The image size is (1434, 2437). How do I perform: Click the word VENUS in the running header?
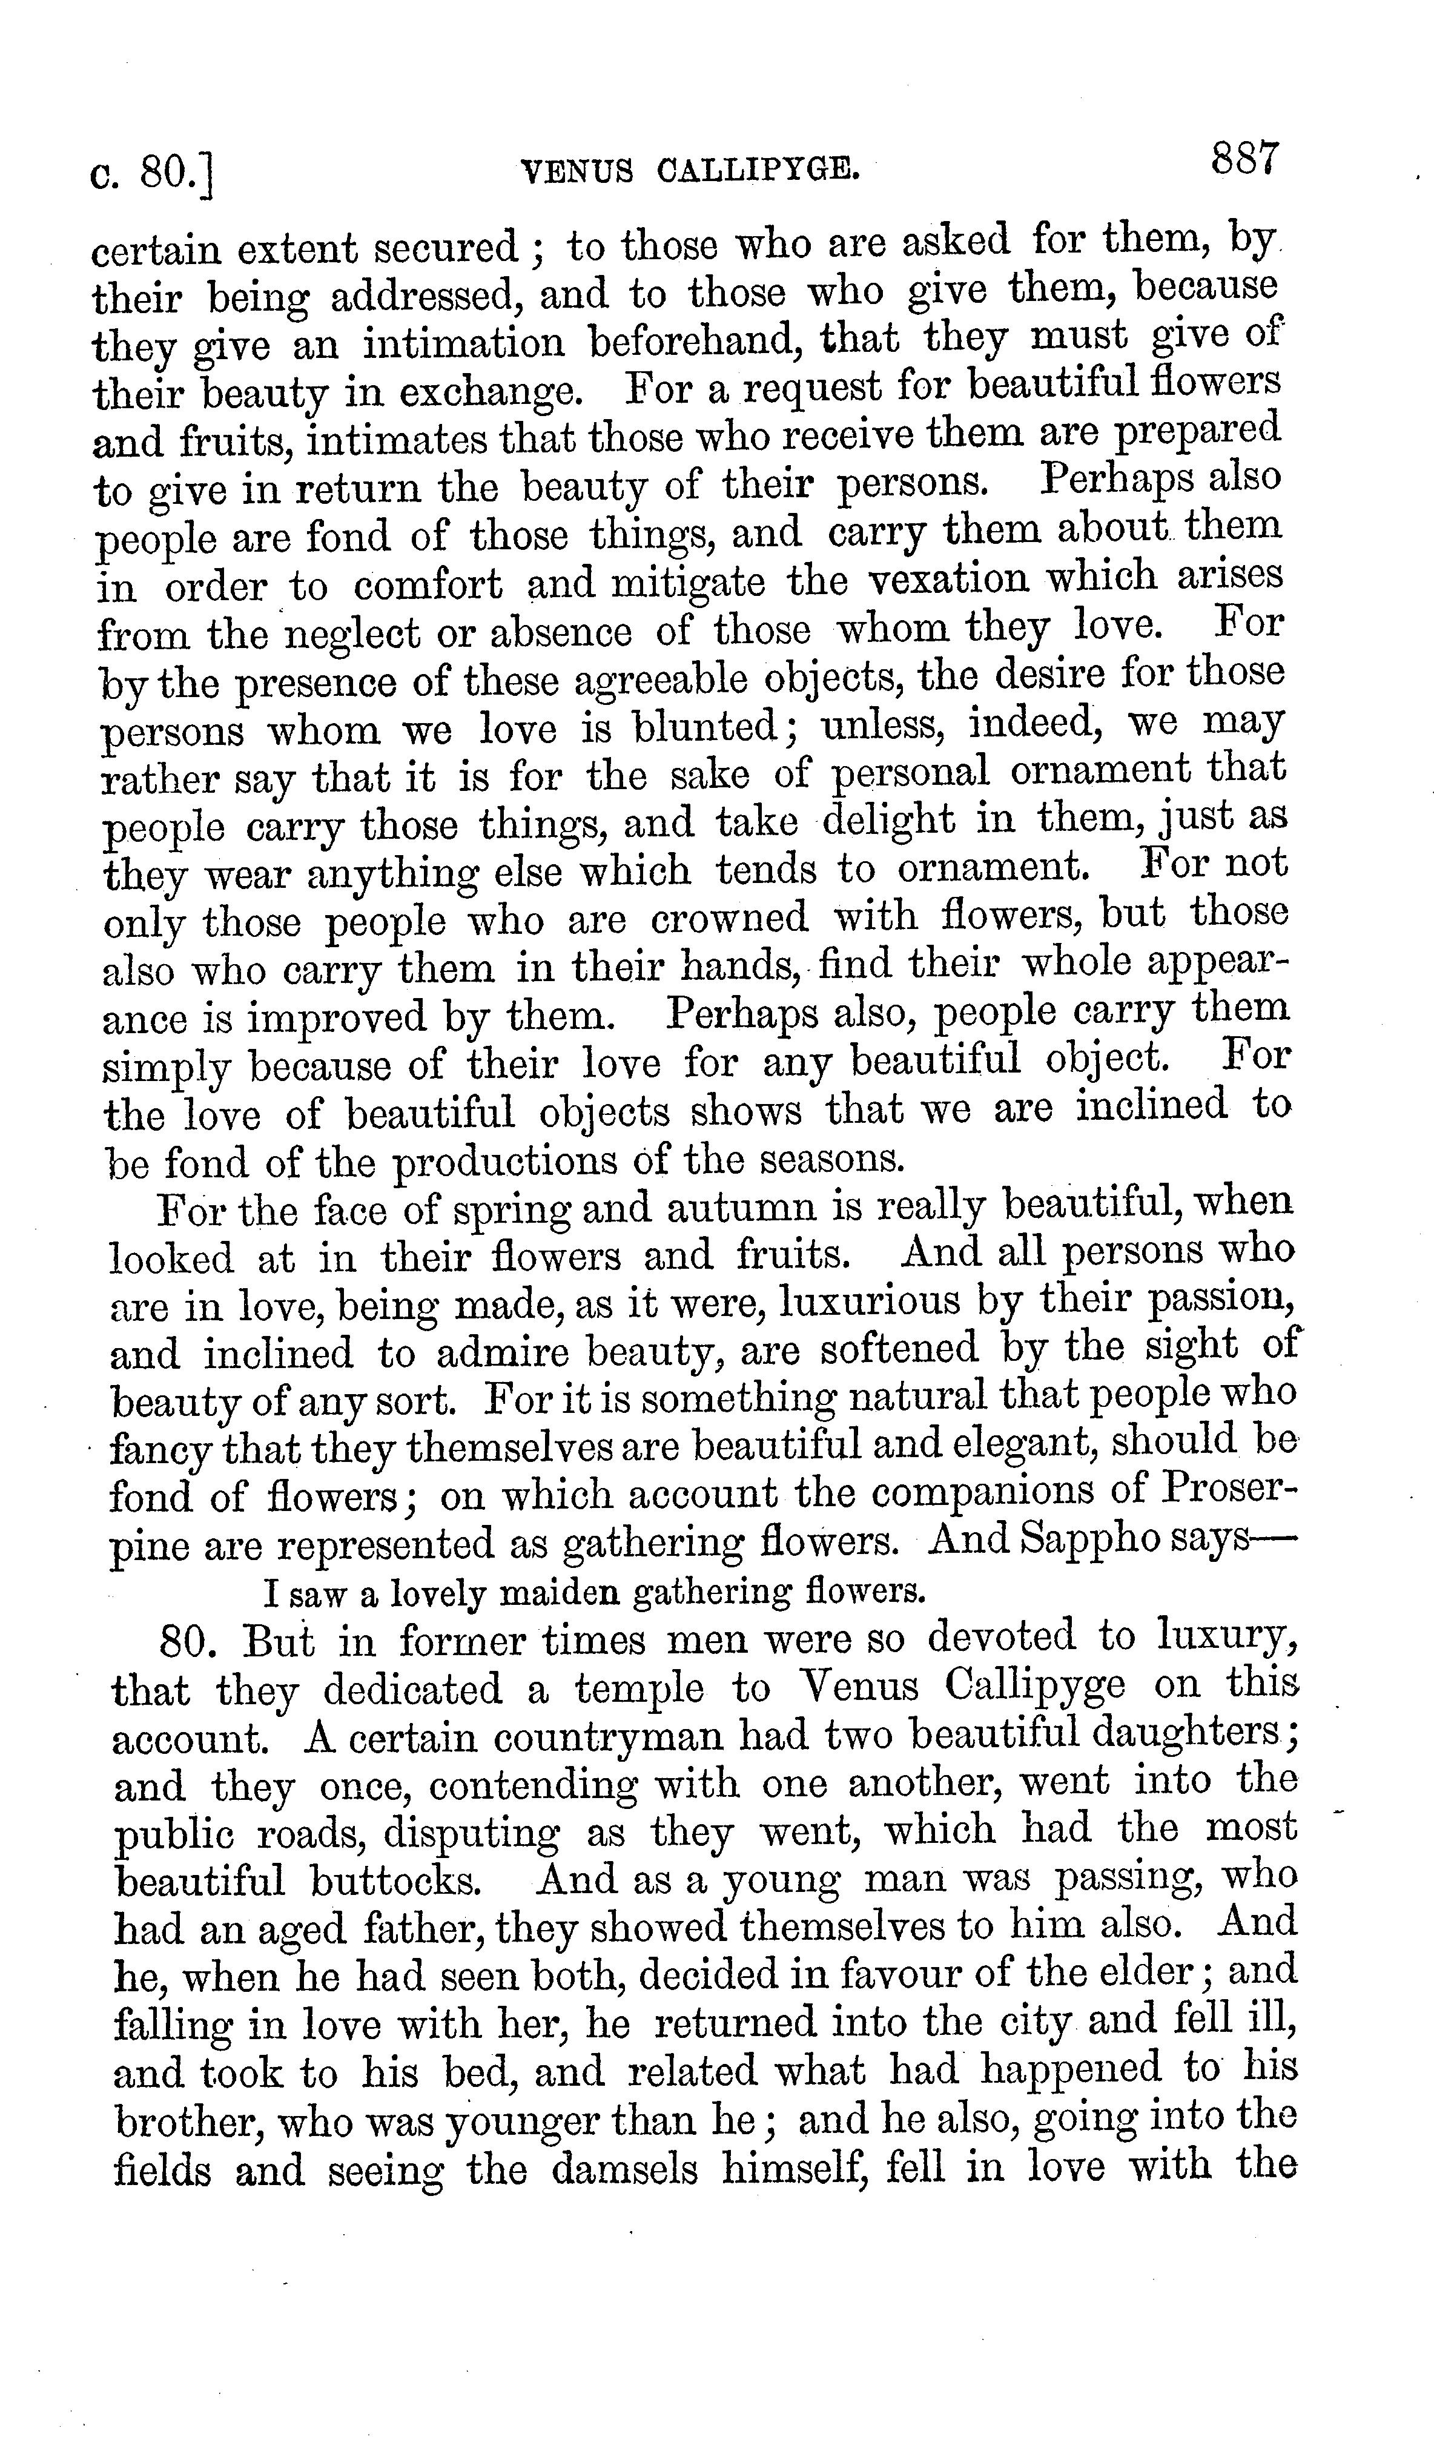(x=577, y=172)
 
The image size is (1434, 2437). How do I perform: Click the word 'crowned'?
(x=729, y=918)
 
